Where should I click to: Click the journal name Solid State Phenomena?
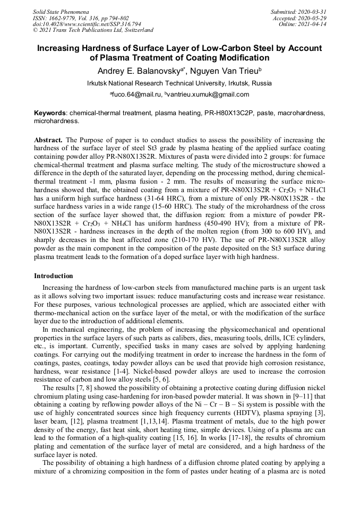tap(61, 12)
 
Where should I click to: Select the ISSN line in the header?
tap(81, 18)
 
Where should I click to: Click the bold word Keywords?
tap(50, 113)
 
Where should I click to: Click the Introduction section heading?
tap(54, 276)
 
